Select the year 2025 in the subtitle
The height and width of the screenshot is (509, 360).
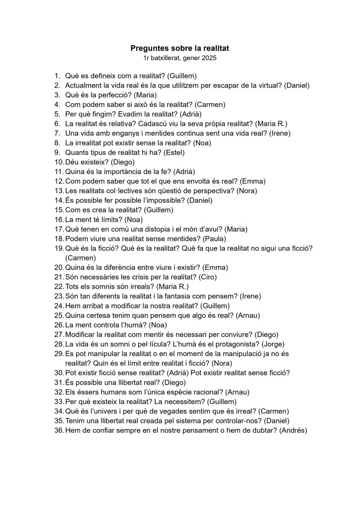tap(209, 58)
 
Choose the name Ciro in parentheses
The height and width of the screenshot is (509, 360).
tap(207, 277)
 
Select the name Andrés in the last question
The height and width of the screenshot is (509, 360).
tap(293, 430)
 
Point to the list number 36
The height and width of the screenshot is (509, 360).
tap(59, 430)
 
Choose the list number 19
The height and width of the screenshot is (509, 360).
tap(59, 248)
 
